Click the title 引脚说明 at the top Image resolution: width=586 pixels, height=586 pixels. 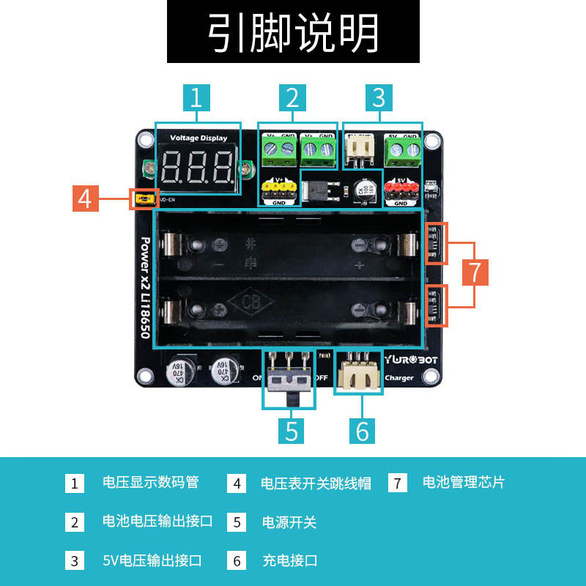point(293,32)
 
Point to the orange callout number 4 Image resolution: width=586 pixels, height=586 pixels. point(86,199)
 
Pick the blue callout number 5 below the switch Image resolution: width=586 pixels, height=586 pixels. point(292,431)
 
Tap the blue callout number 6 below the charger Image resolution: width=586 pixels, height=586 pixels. point(363,431)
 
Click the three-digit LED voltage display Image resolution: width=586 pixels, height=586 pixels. point(196,168)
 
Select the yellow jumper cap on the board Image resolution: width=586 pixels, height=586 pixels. point(144,199)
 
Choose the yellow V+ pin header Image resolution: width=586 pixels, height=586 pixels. point(278,190)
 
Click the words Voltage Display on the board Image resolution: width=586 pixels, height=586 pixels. point(199,138)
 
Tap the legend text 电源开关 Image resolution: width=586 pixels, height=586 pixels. point(289,522)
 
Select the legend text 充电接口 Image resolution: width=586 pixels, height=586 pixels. point(289,561)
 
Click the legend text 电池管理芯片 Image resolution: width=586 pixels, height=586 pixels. point(464,483)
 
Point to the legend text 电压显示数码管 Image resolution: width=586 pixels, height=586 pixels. point(150,483)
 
